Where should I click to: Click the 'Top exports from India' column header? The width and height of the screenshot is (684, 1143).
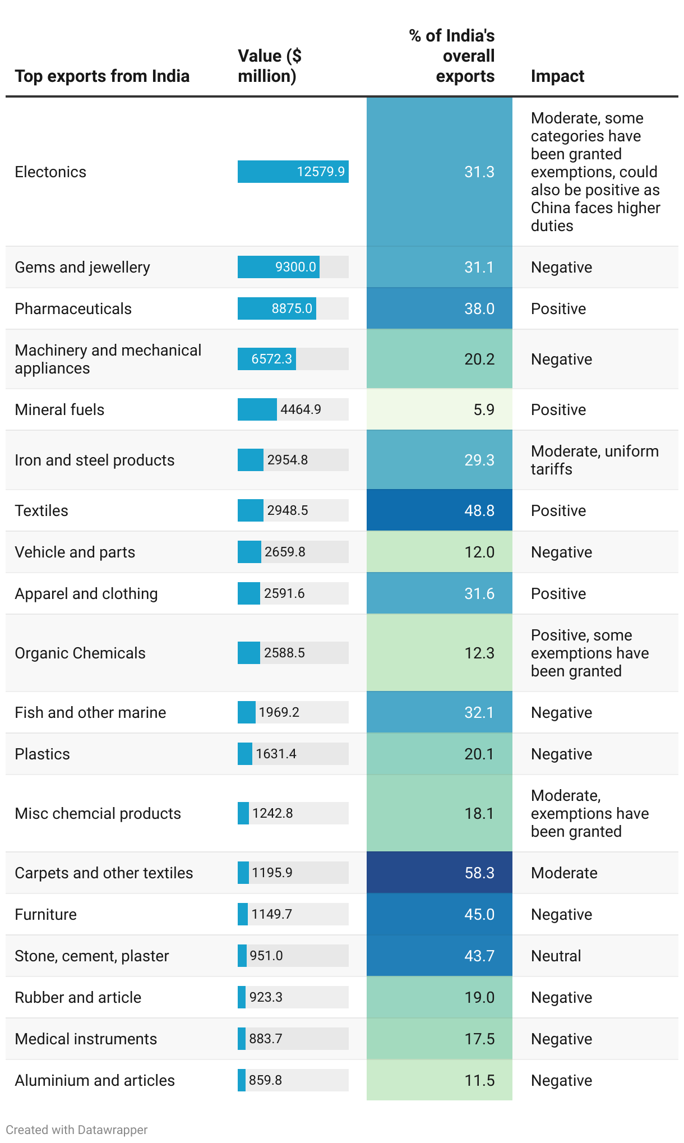point(102,76)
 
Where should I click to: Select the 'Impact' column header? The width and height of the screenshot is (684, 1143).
point(557,76)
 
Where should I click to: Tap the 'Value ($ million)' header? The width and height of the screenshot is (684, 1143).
point(270,66)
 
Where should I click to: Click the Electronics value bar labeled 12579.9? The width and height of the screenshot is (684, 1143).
point(293,172)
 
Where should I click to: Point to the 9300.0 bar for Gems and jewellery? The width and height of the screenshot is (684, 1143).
point(279,267)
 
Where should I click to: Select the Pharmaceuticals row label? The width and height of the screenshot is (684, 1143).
point(73,308)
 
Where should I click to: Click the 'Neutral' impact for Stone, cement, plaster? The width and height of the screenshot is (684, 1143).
point(556,956)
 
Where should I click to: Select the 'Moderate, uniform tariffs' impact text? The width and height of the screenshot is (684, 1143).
point(594,460)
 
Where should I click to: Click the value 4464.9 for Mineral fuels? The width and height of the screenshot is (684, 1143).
point(301,409)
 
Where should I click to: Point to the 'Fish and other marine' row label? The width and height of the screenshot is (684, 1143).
point(90,712)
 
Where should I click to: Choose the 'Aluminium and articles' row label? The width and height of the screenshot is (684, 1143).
point(95,1080)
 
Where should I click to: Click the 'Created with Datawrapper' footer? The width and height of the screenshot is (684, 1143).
point(77,1130)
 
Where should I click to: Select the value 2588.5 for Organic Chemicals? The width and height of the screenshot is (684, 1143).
point(284,653)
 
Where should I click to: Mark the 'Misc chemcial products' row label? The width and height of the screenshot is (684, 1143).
point(98,813)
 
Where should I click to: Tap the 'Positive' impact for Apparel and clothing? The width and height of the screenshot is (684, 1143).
point(558,593)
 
